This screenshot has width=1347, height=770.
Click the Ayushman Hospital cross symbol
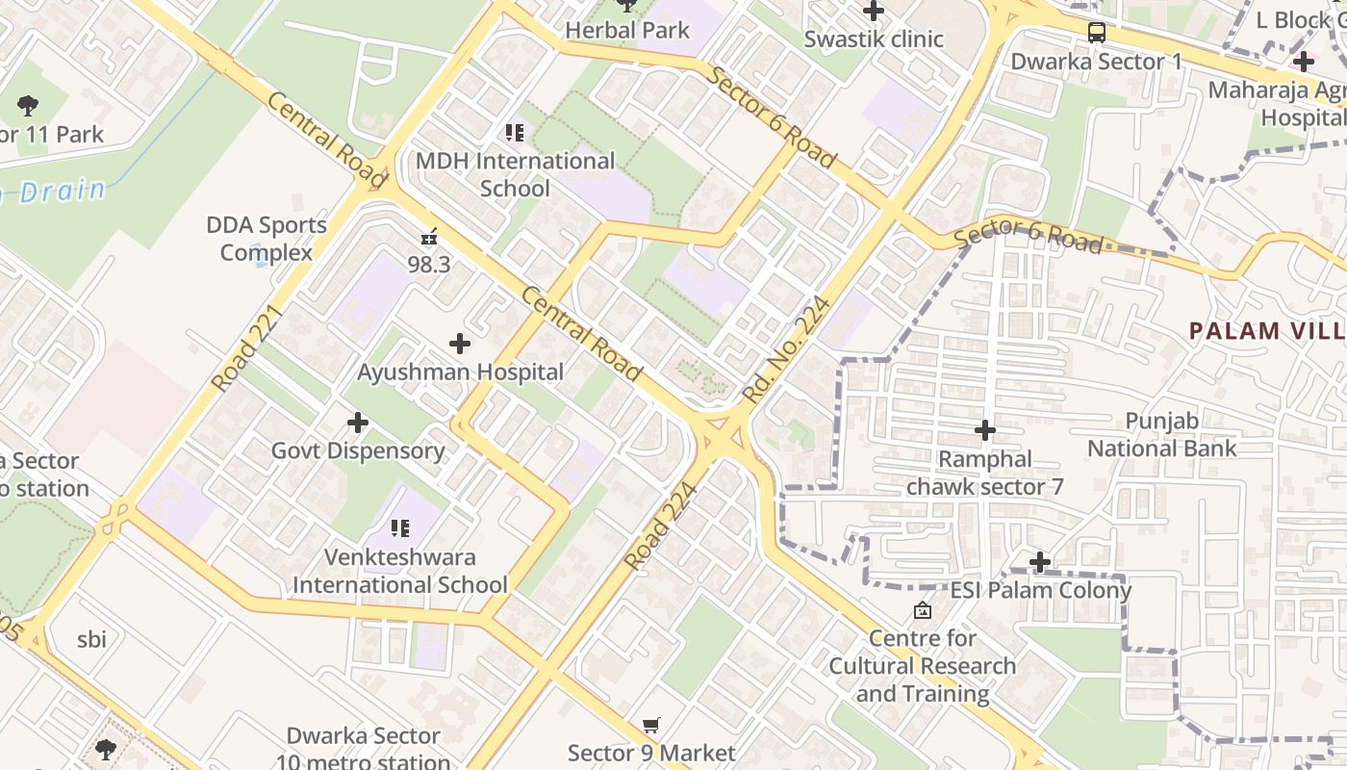(460, 343)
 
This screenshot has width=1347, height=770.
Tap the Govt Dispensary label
(358, 450)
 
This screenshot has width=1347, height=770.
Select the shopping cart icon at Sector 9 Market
(651, 726)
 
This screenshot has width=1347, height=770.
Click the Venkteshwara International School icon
(400, 527)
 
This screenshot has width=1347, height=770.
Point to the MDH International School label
(515, 174)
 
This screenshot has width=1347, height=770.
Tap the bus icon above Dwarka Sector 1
(1097, 33)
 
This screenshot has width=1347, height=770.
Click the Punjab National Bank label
(1162, 434)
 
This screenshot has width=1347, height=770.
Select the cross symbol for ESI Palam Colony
(1040, 561)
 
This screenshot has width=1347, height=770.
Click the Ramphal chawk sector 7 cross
(984, 429)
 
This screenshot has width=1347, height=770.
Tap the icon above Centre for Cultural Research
(922, 610)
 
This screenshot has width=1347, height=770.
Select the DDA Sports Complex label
(267, 239)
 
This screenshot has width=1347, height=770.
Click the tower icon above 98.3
(429, 236)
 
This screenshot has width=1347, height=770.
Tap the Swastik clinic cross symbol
(874, 12)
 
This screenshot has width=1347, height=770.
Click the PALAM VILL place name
(1266, 331)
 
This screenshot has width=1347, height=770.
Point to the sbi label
(91, 639)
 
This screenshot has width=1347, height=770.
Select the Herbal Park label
(627, 30)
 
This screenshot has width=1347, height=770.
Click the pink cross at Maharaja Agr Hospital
(1303, 62)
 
